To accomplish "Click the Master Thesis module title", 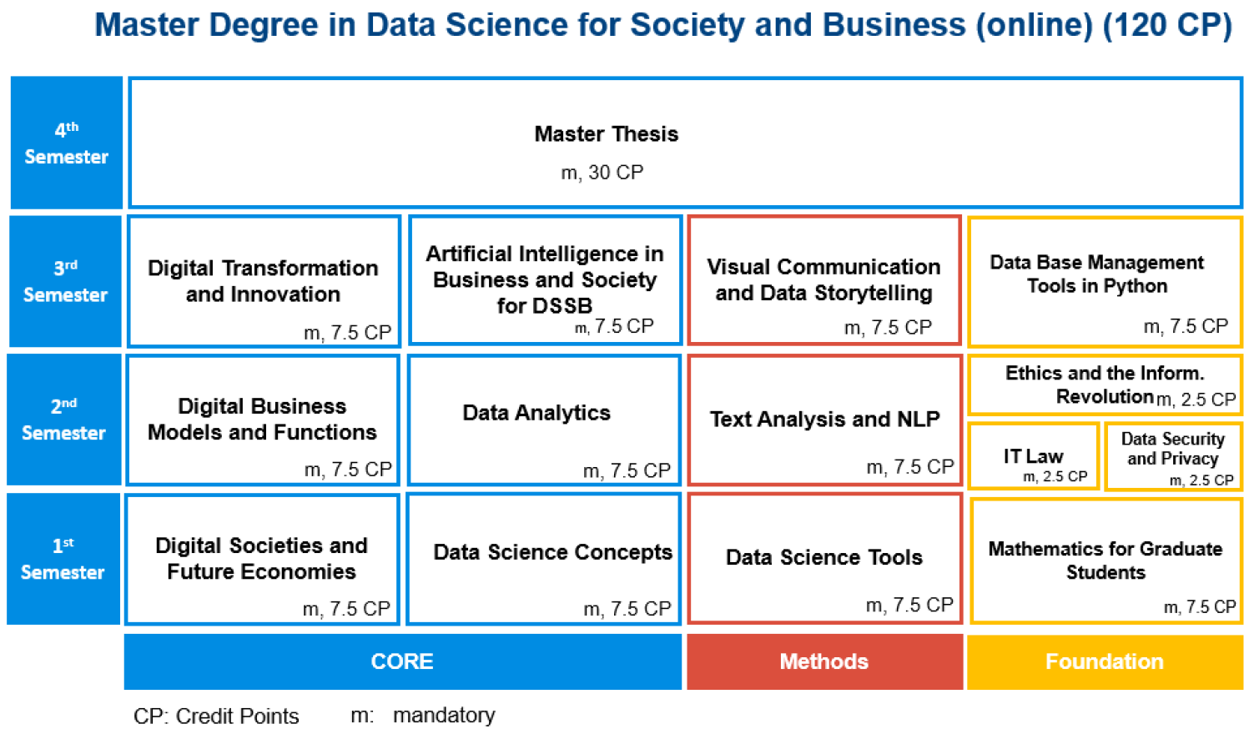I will click(606, 134).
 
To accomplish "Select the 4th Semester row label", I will click(67, 143).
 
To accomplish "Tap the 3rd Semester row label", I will click(66, 281).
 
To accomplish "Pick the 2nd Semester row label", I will click(64, 420).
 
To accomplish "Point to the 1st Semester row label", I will click(63, 559).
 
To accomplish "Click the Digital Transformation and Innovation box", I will click(264, 281).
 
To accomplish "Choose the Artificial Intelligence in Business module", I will click(545, 279).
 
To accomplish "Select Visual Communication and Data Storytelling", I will click(824, 279).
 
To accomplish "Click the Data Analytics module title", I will click(536, 413).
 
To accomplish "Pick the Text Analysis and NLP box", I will click(824, 420).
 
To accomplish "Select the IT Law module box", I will click(1033, 456).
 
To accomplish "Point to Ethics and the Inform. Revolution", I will click(1105, 385).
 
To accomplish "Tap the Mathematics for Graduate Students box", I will click(1105, 561).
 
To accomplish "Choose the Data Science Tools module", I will click(824, 558).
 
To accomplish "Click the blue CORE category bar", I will click(402, 661).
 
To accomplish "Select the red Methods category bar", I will click(824, 661).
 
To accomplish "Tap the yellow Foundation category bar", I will click(1105, 661).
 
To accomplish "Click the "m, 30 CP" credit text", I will click(602, 173).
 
